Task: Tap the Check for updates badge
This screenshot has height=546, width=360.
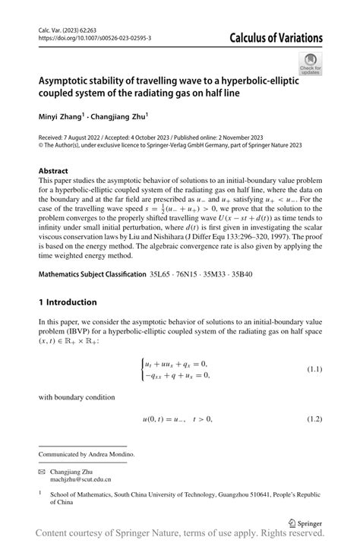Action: click(310, 65)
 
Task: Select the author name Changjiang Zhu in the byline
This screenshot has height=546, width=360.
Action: click(120, 118)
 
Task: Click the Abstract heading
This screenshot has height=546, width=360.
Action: click(53, 171)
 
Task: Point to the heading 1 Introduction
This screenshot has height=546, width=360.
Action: click(68, 301)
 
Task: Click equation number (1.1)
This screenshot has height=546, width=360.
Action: click(314, 369)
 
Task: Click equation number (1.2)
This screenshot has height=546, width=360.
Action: click(314, 419)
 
